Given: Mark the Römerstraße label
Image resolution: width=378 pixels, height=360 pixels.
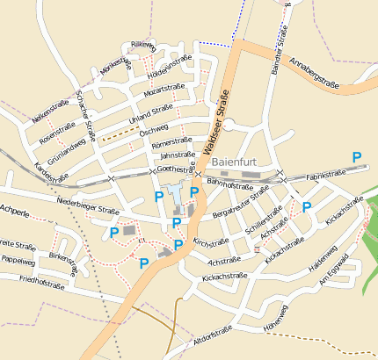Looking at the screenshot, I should (171, 140).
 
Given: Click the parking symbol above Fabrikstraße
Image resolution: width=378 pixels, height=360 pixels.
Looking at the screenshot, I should (357, 156).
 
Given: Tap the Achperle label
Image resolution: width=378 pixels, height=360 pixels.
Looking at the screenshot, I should (15, 211).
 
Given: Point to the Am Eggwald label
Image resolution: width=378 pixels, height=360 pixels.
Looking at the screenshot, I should (335, 268).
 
